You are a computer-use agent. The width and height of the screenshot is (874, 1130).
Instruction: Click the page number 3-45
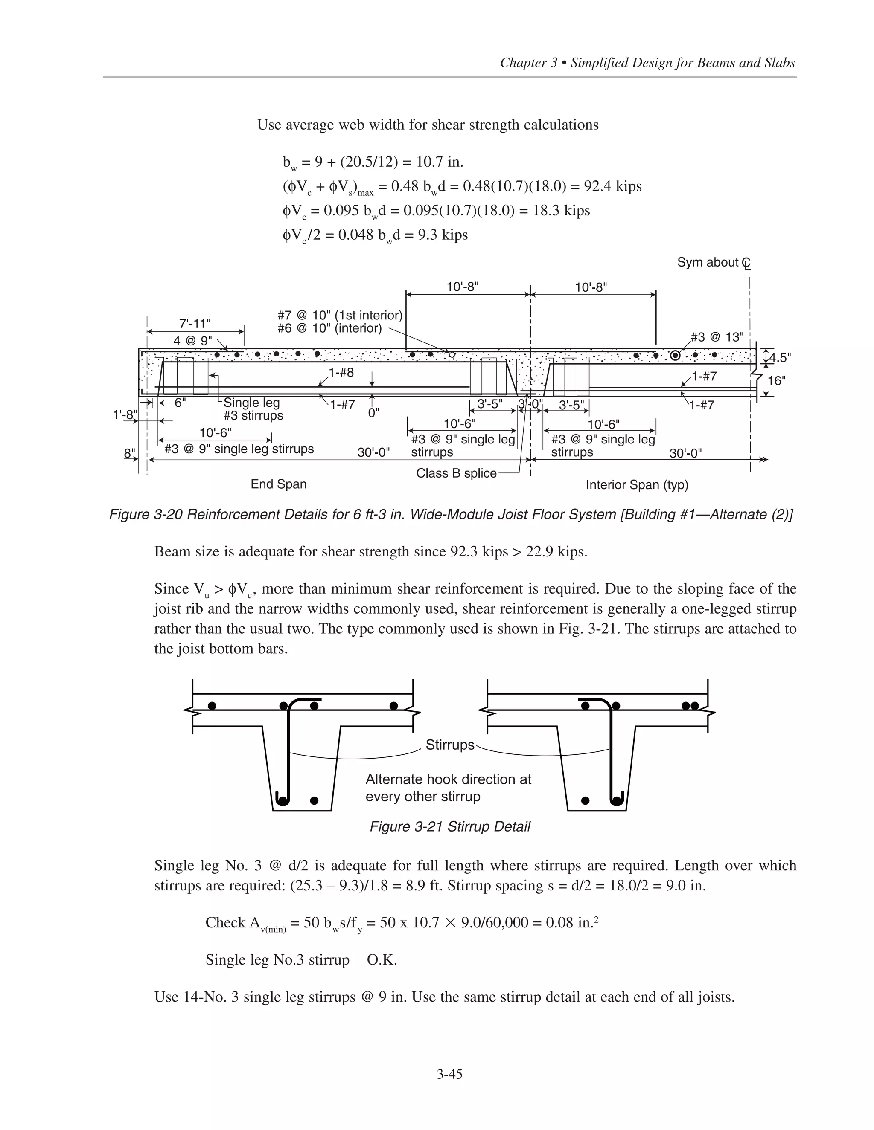click(449, 1075)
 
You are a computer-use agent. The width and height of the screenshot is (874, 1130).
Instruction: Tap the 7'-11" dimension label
click(195, 323)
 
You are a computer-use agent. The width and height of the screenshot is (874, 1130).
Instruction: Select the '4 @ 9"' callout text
click(192, 341)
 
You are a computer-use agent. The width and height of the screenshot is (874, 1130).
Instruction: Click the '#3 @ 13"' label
click(718, 337)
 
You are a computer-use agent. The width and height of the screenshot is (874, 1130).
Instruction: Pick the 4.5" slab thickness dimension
click(780, 357)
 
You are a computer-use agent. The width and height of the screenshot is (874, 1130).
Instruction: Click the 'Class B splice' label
click(456, 473)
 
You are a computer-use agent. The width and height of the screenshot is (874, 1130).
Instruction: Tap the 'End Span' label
click(279, 484)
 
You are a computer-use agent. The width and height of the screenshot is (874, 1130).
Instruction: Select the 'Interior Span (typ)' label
click(637, 485)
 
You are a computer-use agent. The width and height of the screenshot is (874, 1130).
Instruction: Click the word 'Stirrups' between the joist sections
click(449, 745)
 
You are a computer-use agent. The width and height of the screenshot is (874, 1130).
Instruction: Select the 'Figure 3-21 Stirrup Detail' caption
click(449, 826)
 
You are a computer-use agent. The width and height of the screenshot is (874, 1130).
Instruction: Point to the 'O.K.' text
click(382, 960)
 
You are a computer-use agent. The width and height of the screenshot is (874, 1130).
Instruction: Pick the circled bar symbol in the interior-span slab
click(675, 356)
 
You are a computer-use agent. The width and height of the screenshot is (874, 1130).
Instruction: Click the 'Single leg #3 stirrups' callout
click(253, 409)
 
